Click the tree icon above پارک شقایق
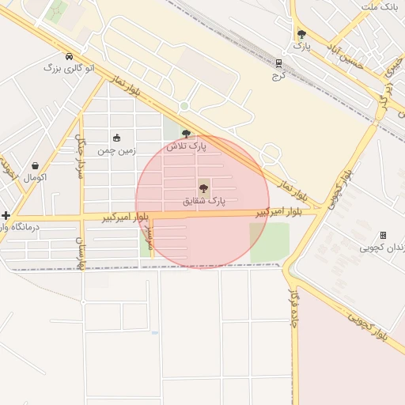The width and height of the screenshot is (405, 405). (204, 187)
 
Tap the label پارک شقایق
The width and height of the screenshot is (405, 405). (203, 201)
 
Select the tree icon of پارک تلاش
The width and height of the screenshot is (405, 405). (186, 134)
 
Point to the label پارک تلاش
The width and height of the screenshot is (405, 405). (186, 146)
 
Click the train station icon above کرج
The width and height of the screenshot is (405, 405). (278, 62)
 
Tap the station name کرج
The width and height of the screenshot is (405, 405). (278, 76)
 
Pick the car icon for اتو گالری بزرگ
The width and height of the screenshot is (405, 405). (70, 56)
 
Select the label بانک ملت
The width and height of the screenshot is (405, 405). (380, 7)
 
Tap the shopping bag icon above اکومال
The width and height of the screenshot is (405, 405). (35, 165)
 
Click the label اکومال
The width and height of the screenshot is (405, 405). (35, 178)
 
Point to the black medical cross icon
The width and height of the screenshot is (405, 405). (6, 215)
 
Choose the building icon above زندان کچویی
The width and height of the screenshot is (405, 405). (383, 235)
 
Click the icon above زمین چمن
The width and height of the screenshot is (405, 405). (117, 137)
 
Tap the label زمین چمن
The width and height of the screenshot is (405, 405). (117, 150)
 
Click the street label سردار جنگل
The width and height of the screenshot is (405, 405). (80, 155)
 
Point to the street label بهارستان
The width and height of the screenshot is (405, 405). (79, 252)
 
